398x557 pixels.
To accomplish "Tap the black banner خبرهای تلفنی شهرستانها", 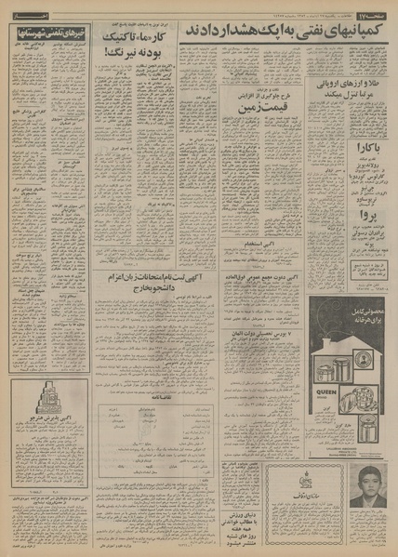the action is pyautogui.click(x=48, y=32).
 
